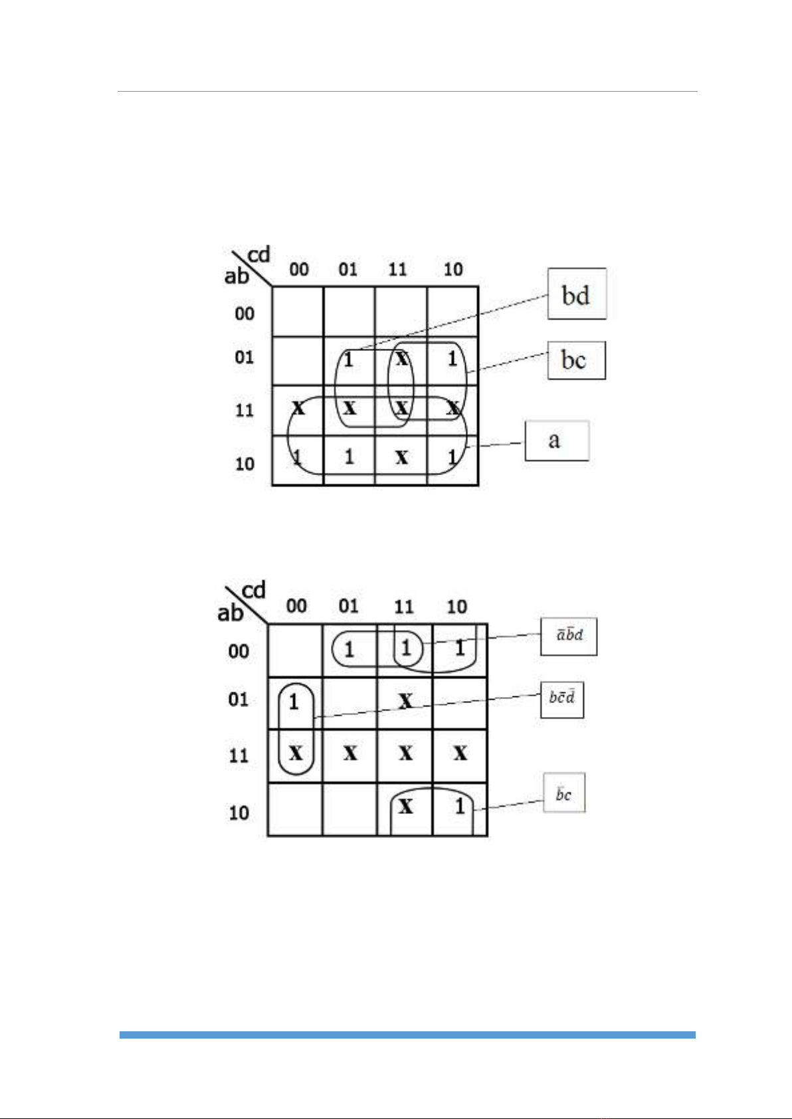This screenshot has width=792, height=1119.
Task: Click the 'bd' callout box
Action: point(577,294)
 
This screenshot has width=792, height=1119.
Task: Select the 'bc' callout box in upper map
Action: point(576,360)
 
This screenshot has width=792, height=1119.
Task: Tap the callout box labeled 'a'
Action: point(557,440)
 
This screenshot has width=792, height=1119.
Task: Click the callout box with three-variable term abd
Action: point(569,636)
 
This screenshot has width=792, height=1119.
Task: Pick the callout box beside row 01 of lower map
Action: point(562,698)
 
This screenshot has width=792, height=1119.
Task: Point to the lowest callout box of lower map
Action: point(564,793)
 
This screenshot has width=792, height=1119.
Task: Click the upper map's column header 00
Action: point(299,269)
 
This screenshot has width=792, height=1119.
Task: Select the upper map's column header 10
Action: point(453,269)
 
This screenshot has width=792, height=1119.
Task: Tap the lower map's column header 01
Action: point(348,605)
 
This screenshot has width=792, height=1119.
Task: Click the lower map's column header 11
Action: point(403,606)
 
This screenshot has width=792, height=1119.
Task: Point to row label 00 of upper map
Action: point(245,313)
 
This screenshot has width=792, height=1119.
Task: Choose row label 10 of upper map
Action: point(245,463)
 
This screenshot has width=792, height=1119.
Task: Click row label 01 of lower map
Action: point(238,699)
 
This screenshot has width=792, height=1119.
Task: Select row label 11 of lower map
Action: point(238,756)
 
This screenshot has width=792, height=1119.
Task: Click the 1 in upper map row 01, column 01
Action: point(349,361)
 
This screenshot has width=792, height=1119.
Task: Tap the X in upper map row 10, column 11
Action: point(401,457)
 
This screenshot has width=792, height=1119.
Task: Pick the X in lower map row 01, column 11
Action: point(405,701)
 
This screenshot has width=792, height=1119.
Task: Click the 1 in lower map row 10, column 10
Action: point(460,807)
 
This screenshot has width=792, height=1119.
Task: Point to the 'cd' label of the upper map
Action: point(258,254)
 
